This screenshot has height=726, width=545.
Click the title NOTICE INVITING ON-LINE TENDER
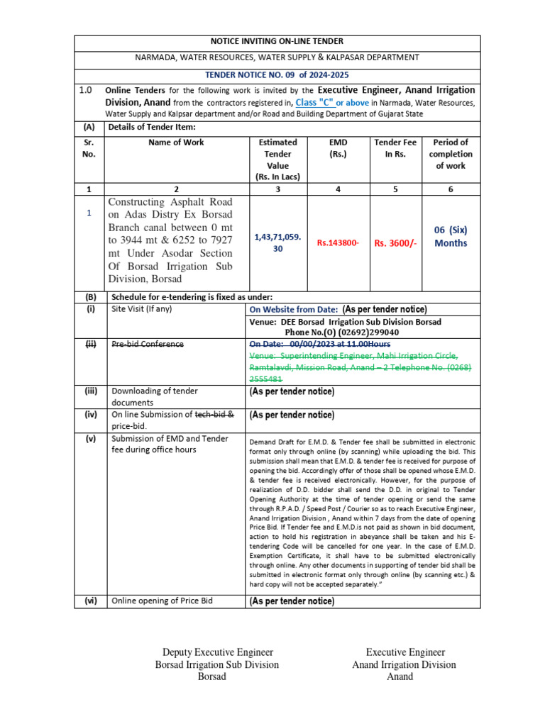point(277,41)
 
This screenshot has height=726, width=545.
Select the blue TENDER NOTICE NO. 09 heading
point(277,75)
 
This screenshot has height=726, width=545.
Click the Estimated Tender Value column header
point(277,160)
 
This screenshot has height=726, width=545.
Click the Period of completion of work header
point(451,154)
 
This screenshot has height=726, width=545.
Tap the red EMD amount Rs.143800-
point(338,243)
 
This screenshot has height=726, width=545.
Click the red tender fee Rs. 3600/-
point(395,243)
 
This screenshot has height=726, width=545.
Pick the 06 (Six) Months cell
point(451,236)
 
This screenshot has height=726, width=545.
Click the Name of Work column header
point(175,143)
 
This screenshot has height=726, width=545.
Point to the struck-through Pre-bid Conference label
point(148,345)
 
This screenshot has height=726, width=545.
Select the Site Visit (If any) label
point(142,309)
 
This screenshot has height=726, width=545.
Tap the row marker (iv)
point(90,415)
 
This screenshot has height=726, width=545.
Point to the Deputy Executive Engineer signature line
point(218,652)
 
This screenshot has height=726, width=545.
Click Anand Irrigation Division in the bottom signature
point(404,664)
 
